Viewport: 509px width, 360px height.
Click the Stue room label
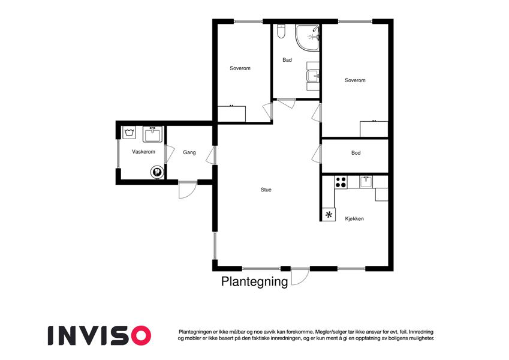tap(266, 190)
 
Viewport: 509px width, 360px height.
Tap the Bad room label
tap(287, 60)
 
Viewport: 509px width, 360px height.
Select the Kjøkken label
tap(354, 218)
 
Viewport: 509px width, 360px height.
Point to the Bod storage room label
tap(356, 153)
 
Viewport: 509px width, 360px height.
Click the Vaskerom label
tap(143, 152)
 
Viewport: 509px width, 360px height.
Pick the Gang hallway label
tap(189, 152)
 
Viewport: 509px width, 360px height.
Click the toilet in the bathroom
tap(281, 32)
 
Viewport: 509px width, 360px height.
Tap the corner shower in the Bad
tap(307, 37)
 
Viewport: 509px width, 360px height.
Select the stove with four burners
tap(341, 182)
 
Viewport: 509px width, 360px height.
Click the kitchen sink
tap(366, 182)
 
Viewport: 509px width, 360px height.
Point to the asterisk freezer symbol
tap(329, 214)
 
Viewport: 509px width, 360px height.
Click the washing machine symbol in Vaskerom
tap(129, 133)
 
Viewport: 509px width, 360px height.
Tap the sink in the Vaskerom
tap(152, 134)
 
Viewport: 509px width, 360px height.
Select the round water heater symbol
tap(156, 172)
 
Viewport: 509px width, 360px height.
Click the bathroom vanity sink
tap(313, 76)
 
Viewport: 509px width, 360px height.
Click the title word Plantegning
tap(254, 281)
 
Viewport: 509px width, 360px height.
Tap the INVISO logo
tap(100, 335)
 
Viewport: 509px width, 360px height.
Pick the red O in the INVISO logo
tap(139, 335)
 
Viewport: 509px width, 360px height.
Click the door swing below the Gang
tap(187, 190)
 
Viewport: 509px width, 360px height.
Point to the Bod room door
tap(317, 154)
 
